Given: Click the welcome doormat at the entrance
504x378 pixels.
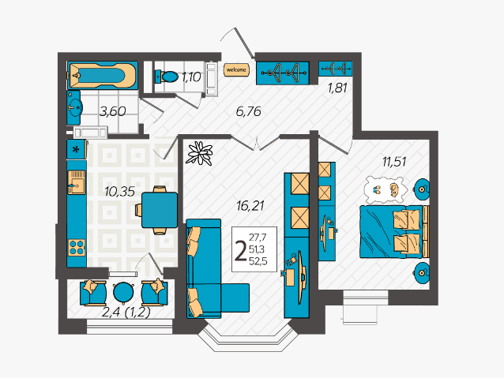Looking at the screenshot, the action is coord(236,69).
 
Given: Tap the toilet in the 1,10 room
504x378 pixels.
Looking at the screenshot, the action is coord(167,77).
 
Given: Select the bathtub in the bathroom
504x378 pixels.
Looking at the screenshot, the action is coord(103,76).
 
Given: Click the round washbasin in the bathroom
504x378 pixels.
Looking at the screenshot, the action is coord(75,107).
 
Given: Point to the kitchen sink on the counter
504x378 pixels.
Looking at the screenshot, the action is coord(77,182).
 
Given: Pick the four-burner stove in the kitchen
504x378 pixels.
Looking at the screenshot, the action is coord(77,247).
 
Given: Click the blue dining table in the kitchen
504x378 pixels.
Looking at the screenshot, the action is coord(160,210).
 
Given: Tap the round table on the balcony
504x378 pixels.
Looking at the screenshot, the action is coord(123,293).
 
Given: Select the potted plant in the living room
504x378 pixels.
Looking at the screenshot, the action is coord(200,153).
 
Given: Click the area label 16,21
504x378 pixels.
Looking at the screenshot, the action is coord(250,205).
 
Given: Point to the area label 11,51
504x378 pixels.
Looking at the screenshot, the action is coord(394,162).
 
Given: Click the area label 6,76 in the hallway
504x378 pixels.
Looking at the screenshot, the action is coord(249,111).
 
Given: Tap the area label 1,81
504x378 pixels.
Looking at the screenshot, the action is coord(337,88).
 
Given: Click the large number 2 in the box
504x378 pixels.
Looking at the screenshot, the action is coord(241,250).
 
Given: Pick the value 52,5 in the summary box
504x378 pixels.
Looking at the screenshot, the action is coord(258,261).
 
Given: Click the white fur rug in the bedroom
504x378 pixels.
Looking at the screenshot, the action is coord(385,189).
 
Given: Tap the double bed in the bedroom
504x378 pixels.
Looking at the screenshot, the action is coord(394,231).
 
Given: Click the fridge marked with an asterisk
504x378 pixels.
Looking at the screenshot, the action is coord(77,149).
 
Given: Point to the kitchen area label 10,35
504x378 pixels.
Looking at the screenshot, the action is coord(119,192).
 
